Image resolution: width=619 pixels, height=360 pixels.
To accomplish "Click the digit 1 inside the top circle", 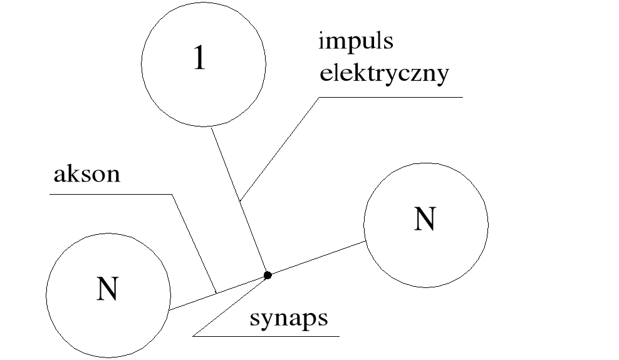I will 199,58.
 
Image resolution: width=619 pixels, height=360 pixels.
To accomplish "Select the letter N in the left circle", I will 107,289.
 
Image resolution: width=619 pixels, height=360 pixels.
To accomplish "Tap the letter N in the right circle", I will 424,219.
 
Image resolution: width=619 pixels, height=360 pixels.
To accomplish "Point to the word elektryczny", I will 385,75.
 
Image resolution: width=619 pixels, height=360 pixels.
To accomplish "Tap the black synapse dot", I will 268,275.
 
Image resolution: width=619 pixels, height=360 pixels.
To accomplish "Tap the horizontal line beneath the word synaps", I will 266,336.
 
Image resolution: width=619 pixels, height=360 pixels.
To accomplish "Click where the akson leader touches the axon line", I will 216,293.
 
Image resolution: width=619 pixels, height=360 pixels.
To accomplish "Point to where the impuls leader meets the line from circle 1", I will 241,201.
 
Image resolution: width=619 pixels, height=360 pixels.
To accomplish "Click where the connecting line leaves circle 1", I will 212,127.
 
